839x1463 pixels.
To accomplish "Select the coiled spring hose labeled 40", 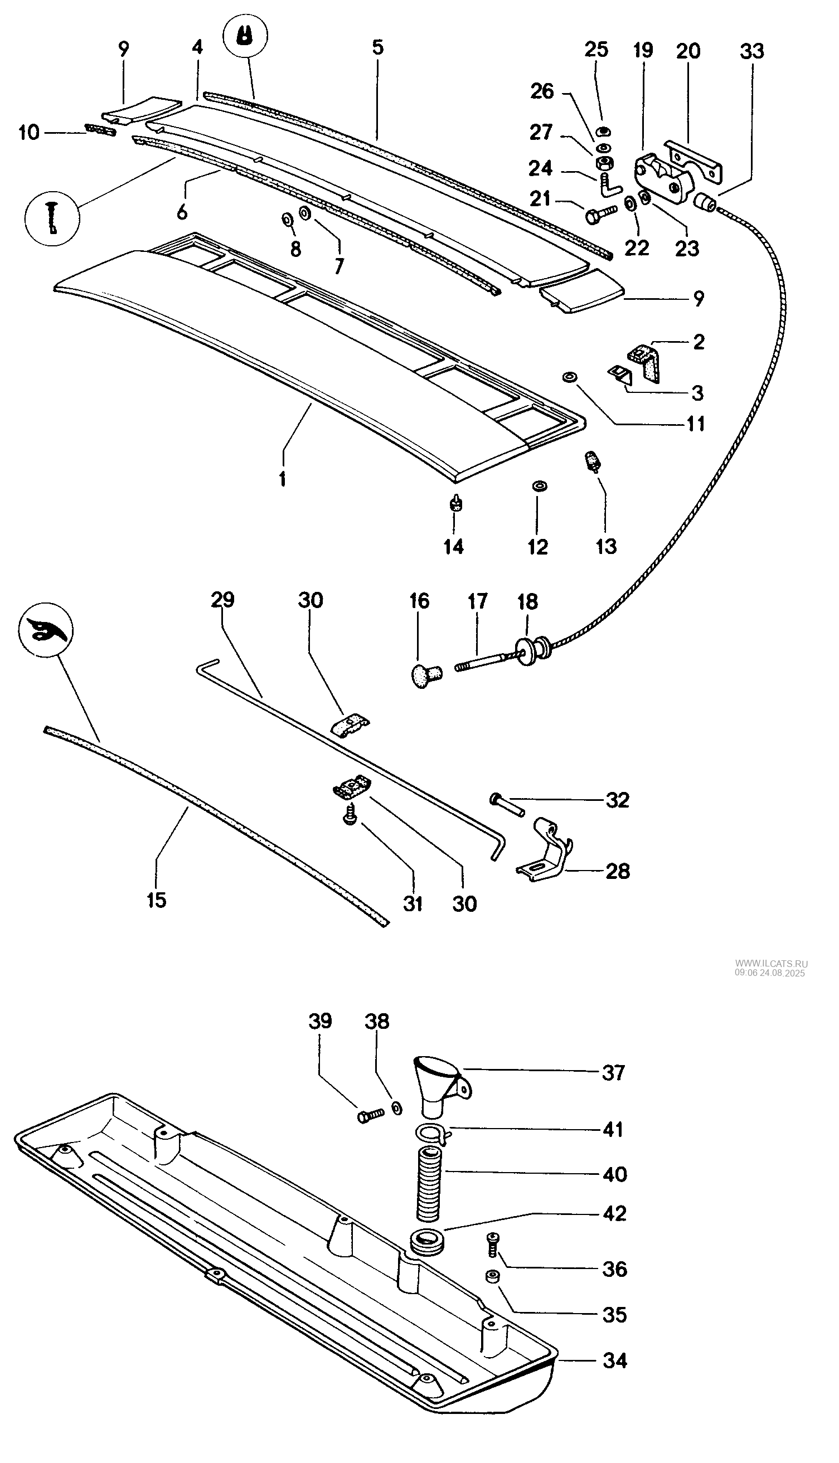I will point(428,1184).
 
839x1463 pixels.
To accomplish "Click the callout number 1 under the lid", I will point(282,478).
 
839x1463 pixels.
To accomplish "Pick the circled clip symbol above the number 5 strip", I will point(245,35).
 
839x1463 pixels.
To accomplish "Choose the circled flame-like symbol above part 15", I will point(46,629).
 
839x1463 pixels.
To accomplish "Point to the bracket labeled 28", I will point(542,861).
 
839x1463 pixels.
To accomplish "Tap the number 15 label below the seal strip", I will point(156,899).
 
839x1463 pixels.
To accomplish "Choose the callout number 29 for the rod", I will point(222,600).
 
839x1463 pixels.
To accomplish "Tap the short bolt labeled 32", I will point(507,804).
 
